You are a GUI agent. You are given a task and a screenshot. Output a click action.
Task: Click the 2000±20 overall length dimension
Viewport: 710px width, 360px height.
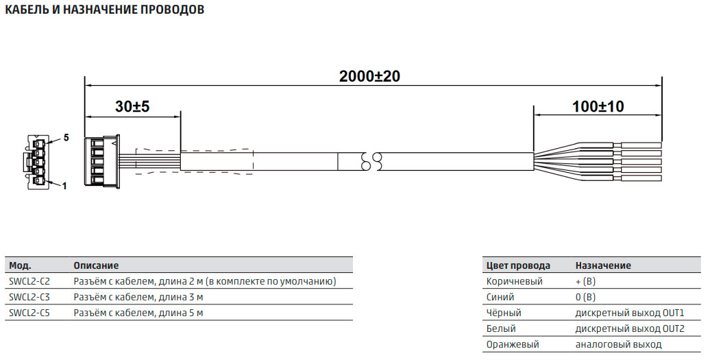[369, 76]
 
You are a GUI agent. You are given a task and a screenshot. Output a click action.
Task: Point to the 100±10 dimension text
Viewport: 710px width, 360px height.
[598, 106]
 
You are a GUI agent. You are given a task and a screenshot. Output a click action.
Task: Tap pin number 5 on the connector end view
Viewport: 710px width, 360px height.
[66, 137]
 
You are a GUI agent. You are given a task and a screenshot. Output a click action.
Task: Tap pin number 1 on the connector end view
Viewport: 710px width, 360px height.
[64, 186]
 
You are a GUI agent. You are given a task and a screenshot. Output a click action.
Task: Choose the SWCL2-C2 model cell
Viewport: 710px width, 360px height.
[29, 282]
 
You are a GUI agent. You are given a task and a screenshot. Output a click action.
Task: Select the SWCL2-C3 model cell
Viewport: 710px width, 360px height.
[29, 297]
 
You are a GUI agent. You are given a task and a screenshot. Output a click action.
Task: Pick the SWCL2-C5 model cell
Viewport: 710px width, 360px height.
[29, 313]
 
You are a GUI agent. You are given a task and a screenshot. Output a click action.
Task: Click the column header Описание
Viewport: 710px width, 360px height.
[96, 265]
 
